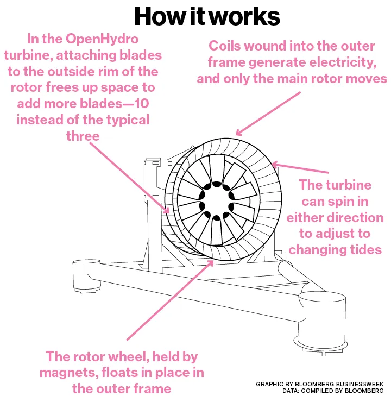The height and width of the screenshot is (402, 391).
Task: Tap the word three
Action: pos(83,135)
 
